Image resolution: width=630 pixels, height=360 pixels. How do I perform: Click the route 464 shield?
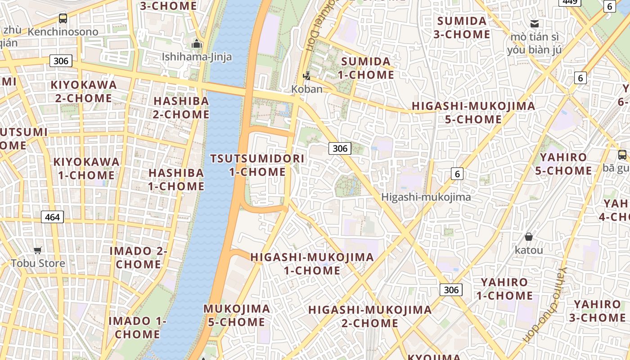[52, 217]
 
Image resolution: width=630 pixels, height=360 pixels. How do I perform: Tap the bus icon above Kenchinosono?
[63, 18]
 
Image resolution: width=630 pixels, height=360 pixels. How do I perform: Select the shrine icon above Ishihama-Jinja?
[197, 44]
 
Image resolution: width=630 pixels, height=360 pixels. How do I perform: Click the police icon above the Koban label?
[307, 76]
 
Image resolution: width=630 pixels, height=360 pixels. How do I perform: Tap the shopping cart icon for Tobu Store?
[38, 250]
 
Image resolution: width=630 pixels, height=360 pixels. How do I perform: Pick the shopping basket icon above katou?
[529, 237]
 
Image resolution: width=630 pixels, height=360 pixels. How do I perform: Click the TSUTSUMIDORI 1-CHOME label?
[257, 165]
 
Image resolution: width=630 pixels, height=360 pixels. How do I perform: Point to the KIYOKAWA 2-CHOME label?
[84, 91]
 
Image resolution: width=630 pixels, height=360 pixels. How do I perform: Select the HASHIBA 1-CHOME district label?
[176, 180]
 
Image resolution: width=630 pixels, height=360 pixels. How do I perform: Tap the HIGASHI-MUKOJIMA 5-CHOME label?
[473, 112]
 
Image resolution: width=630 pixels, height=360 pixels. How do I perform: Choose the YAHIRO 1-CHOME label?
[504, 289]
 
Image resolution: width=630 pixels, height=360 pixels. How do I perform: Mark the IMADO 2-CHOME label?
[139, 257]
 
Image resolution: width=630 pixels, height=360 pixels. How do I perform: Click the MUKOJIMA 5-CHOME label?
[237, 315]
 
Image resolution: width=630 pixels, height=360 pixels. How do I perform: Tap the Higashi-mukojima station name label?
[426, 197]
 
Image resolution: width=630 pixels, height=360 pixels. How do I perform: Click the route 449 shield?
[570, 2]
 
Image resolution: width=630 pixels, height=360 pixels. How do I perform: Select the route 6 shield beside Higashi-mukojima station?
[457, 174]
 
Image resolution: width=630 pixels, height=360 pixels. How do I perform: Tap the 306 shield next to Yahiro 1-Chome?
[451, 290]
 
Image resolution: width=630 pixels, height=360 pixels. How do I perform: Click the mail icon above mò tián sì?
[535, 24]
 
